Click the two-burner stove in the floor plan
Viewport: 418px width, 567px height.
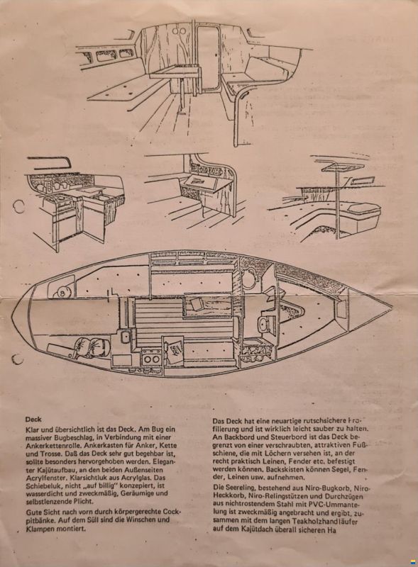pyautogui.click(x=151, y=357)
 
